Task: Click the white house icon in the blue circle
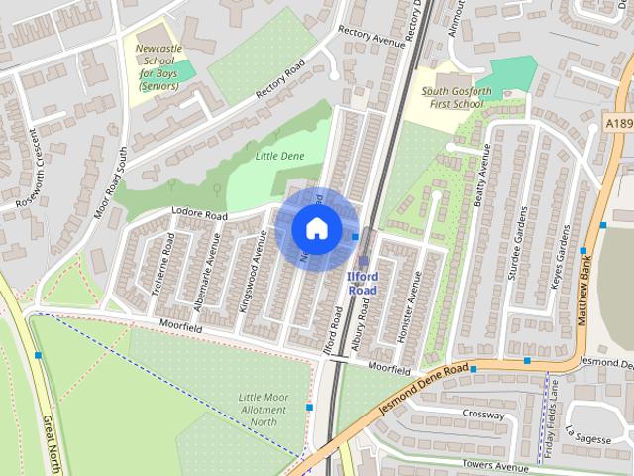(x=316, y=227)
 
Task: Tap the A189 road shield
(x=618, y=122)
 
